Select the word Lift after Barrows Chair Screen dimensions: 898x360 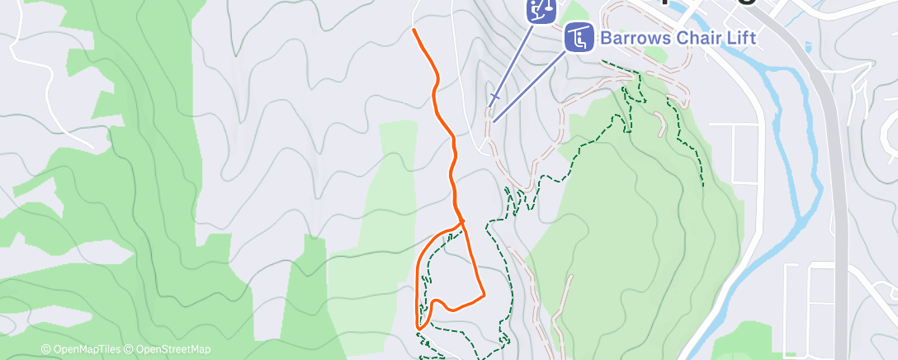pos(740,38)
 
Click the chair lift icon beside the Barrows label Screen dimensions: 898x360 pos(579,37)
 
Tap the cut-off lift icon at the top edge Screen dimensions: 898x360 pos(541,11)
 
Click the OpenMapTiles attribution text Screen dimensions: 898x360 pos(87,350)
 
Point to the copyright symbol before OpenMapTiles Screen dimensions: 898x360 pos(46,350)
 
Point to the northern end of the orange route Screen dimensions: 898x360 pos(414,30)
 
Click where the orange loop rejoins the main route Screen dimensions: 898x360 pos(461,221)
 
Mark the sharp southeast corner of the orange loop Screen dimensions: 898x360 pos(483,294)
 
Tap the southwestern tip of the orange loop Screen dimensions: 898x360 pos(419,328)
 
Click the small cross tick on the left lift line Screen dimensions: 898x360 pos(494,97)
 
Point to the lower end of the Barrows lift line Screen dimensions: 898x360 pos(494,122)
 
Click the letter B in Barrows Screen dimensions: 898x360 pos(606,38)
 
